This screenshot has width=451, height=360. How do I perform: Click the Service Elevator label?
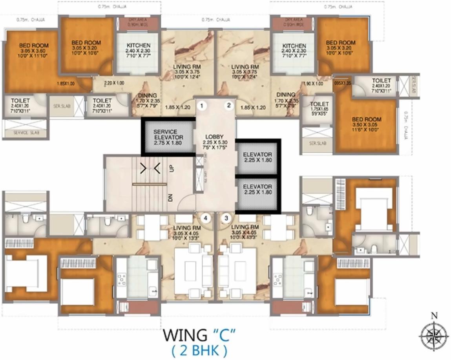coord(168,137)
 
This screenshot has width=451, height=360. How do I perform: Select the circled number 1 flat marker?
coord(202,105)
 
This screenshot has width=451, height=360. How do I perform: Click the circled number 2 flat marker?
coord(228,105)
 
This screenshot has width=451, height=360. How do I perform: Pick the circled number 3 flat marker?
coord(226,217)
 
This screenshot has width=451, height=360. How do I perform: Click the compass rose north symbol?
coord(434,334)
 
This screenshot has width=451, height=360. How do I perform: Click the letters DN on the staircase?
coord(171,197)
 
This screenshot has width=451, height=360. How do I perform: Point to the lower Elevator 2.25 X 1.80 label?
coord(257,189)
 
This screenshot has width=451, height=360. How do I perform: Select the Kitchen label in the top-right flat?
coord(294,51)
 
